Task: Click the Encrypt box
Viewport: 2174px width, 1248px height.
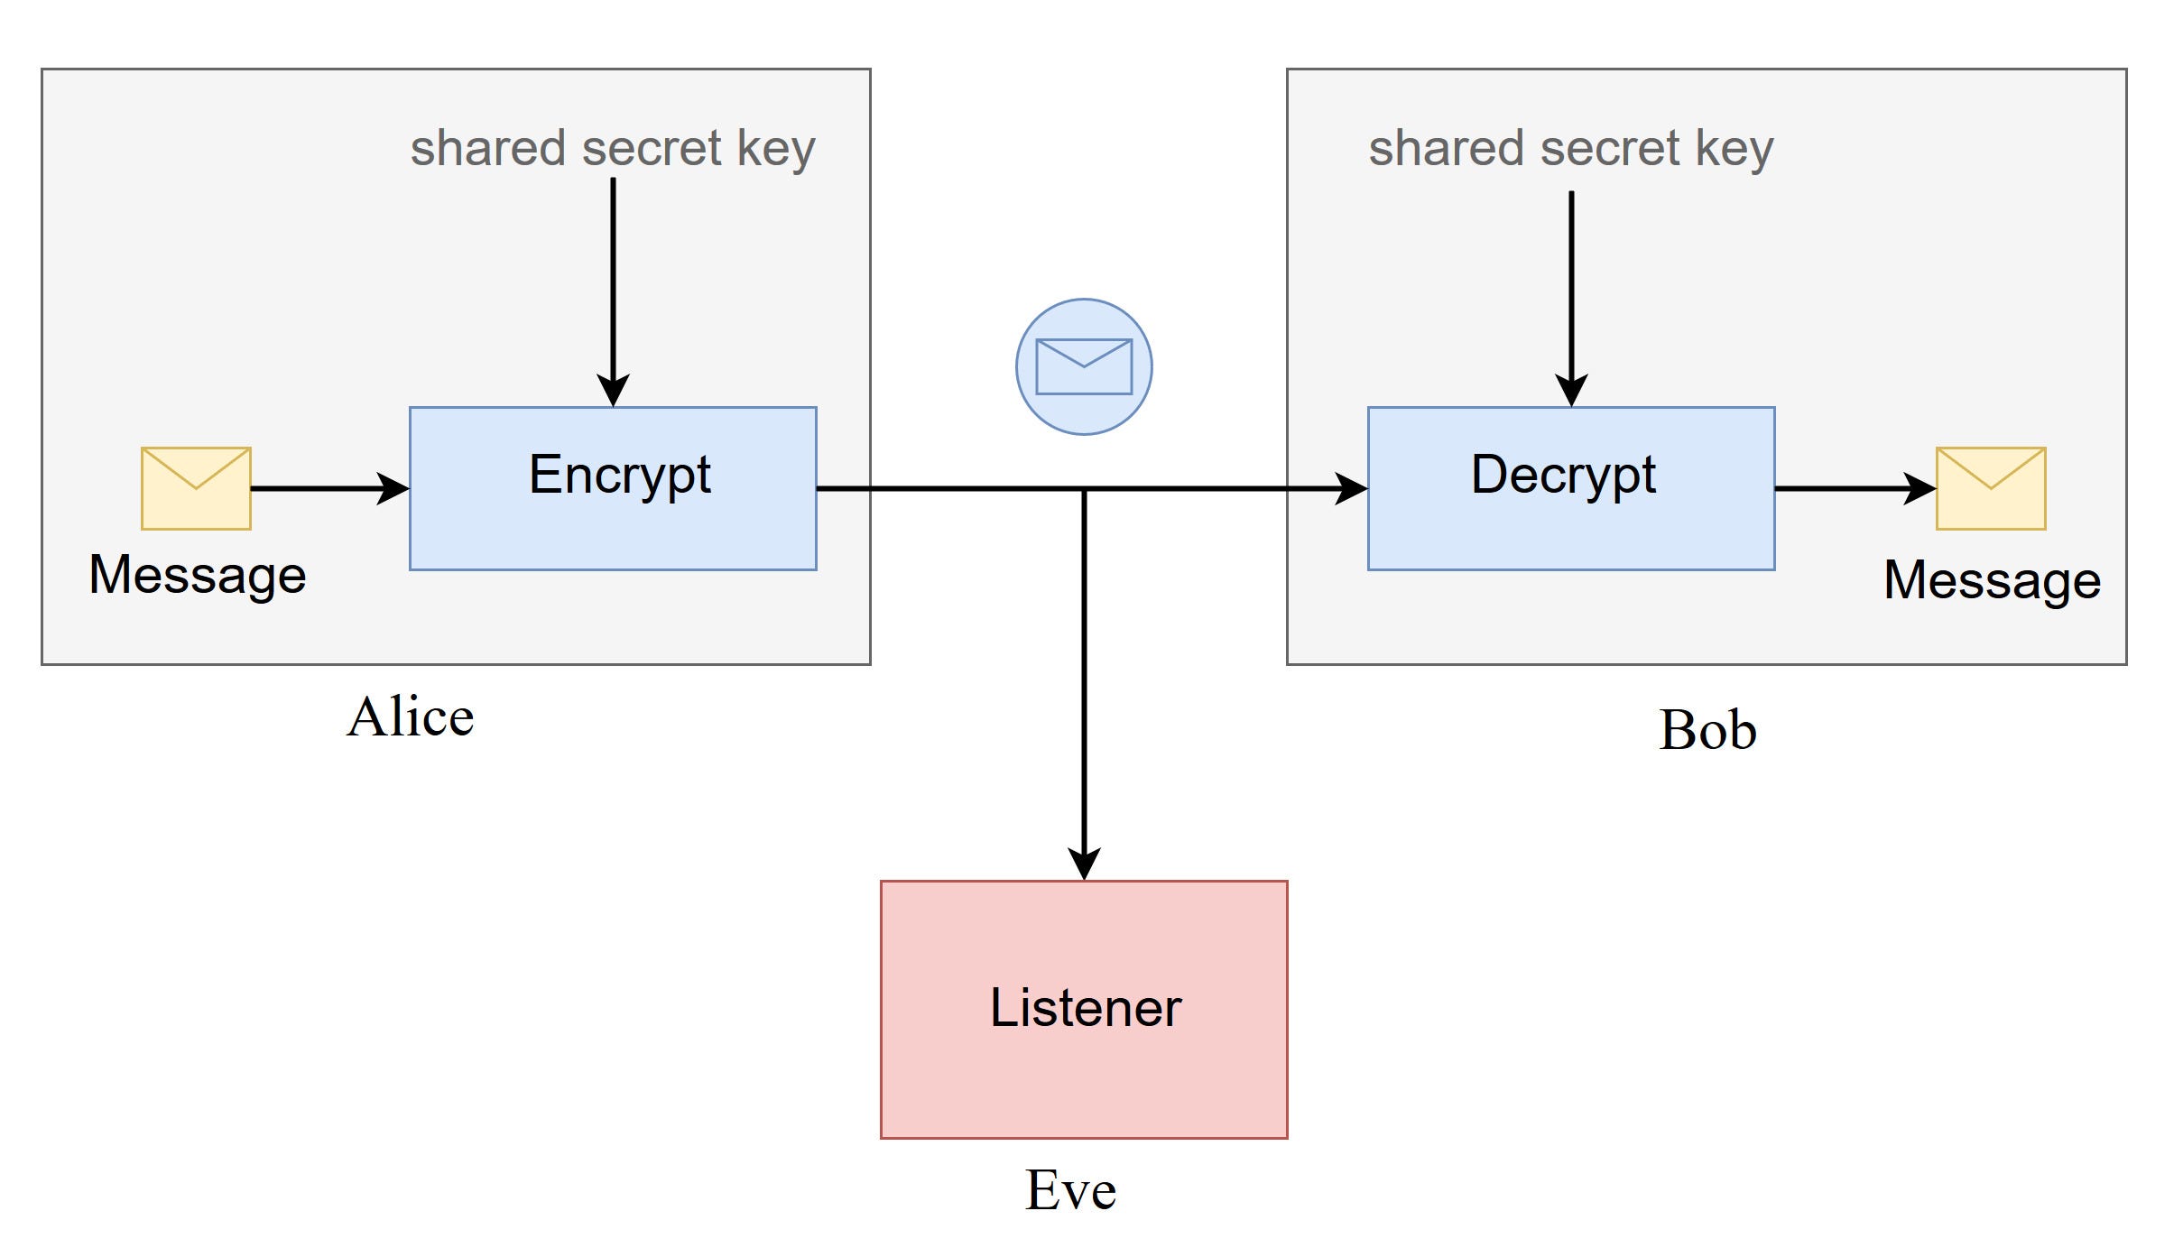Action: coord(613,488)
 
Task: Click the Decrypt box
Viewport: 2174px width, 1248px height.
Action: coord(1570,488)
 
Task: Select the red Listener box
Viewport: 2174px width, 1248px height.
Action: coord(1083,1009)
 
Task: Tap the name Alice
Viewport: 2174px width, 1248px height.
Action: coord(411,717)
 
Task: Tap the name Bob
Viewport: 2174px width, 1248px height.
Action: coord(1707,730)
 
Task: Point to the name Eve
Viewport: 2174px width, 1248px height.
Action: coord(1070,1190)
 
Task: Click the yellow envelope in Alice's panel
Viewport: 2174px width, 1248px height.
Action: coord(196,488)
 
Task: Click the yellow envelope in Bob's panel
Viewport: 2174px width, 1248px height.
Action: coord(1990,488)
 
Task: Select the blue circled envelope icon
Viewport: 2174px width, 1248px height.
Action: coord(1083,366)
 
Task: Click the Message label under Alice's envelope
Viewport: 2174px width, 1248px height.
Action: coord(198,575)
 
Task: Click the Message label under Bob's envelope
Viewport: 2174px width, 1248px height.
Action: coord(1992,579)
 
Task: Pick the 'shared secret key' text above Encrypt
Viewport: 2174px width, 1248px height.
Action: coord(613,148)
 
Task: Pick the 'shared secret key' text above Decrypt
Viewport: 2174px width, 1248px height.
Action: coord(1570,148)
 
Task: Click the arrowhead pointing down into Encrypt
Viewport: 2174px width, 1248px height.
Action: coord(613,391)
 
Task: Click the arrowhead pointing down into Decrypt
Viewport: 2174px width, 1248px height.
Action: coord(1571,391)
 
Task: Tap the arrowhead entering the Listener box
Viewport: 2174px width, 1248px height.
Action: coord(1084,864)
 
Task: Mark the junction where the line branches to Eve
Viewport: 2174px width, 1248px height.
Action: coord(1084,489)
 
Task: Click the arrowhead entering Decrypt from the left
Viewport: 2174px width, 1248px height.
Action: coord(1351,488)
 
